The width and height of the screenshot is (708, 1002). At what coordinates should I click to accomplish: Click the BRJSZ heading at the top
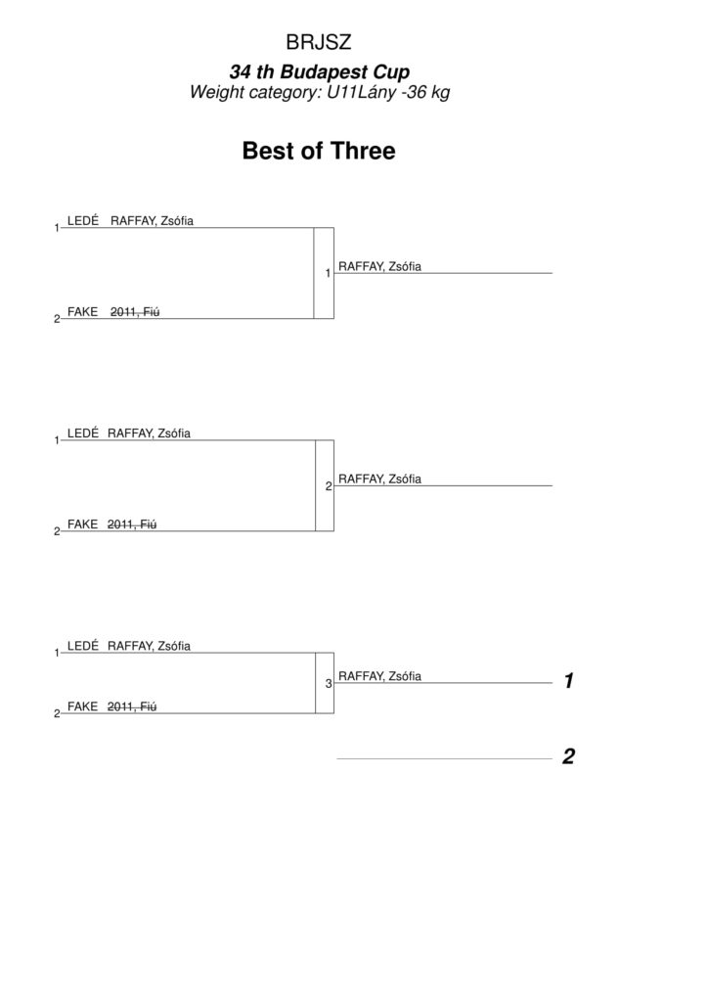pyautogui.click(x=319, y=42)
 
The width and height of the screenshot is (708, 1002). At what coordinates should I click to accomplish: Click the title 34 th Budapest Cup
pyautogui.click(x=319, y=71)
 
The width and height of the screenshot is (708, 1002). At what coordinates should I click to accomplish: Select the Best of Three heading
pyautogui.click(x=319, y=151)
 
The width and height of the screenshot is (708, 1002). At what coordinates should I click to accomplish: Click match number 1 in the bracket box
pyautogui.click(x=328, y=274)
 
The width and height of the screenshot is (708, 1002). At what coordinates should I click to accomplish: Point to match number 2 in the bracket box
pyautogui.click(x=329, y=486)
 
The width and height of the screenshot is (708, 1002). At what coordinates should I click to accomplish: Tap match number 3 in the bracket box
pyautogui.click(x=329, y=684)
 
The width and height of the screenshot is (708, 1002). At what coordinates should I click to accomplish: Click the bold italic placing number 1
pyautogui.click(x=569, y=681)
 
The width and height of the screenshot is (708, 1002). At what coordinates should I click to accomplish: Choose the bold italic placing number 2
pyautogui.click(x=568, y=756)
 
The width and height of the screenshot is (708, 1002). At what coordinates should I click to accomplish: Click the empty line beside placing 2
pyautogui.click(x=444, y=759)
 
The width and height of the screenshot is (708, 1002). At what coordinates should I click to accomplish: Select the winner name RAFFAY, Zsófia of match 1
pyautogui.click(x=379, y=266)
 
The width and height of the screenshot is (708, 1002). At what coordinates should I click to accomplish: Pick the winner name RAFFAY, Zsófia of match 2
pyautogui.click(x=379, y=478)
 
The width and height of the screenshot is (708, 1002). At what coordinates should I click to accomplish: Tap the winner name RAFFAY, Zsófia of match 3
pyautogui.click(x=379, y=676)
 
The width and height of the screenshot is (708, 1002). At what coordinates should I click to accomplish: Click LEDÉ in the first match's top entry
pyautogui.click(x=83, y=220)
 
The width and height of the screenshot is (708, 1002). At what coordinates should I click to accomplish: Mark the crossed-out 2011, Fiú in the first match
pyautogui.click(x=135, y=312)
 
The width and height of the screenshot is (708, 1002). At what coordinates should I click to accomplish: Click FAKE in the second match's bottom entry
pyautogui.click(x=82, y=524)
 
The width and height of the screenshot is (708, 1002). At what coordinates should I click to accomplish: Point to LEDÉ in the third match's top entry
pyautogui.click(x=83, y=646)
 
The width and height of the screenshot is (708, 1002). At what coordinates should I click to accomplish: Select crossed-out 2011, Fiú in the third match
pyautogui.click(x=131, y=706)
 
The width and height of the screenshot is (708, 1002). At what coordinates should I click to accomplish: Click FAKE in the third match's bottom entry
pyautogui.click(x=82, y=706)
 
